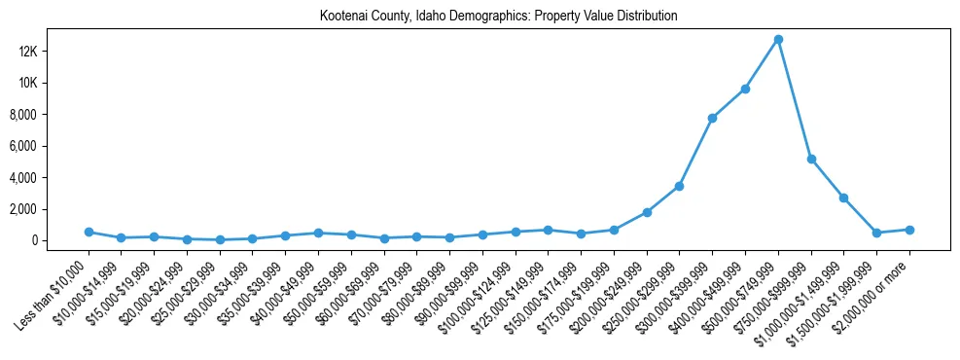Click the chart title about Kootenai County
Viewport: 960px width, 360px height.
pyautogui.click(x=498, y=17)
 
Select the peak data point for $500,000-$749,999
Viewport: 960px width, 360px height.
pyautogui.click(x=778, y=40)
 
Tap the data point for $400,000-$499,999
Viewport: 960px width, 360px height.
pyautogui.click(x=745, y=89)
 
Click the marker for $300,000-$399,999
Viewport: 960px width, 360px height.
pyautogui.click(x=712, y=118)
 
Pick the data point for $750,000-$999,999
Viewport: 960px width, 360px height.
pyautogui.click(x=811, y=159)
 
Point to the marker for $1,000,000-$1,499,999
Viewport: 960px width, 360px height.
pyautogui.click(x=844, y=198)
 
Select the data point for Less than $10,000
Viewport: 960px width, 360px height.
pyautogui.click(x=89, y=232)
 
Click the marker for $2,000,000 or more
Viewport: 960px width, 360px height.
pyautogui.click(x=909, y=230)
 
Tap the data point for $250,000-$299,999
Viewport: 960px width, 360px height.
pyautogui.click(x=679, y=186)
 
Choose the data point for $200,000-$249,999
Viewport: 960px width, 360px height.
pyautogui.click(x=647, y=212)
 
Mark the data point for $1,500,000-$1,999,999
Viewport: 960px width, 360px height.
pyautogui.click(x=876, y=233)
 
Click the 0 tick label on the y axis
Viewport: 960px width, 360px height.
pyautogui.click(x=59, y=240)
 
